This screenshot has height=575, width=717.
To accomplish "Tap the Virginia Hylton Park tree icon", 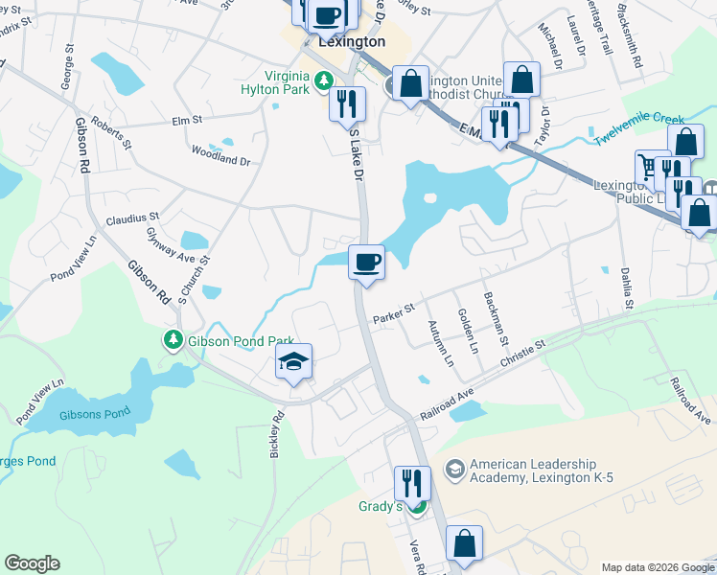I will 324,78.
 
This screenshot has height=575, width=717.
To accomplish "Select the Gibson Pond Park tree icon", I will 173,340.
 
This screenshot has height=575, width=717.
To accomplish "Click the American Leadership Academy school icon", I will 455,470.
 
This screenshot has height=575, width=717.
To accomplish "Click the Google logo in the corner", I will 32,563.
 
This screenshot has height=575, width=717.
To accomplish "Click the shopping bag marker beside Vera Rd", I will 464,544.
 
